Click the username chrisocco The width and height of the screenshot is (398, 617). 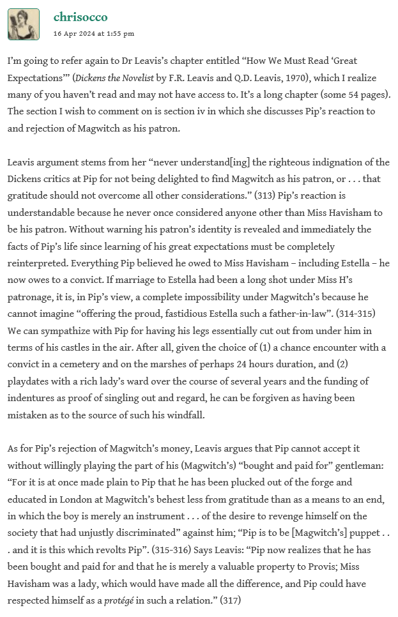coord(80,17)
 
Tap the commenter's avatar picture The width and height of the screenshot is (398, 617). coord(24,24)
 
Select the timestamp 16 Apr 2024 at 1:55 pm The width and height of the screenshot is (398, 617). coord(93,33)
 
